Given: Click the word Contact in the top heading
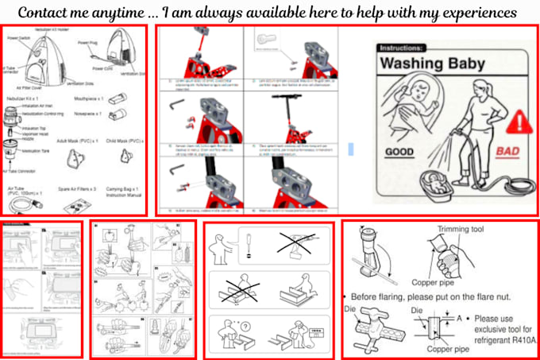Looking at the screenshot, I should coord(48,13).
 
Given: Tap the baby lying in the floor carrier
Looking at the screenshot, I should coord(436,179).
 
